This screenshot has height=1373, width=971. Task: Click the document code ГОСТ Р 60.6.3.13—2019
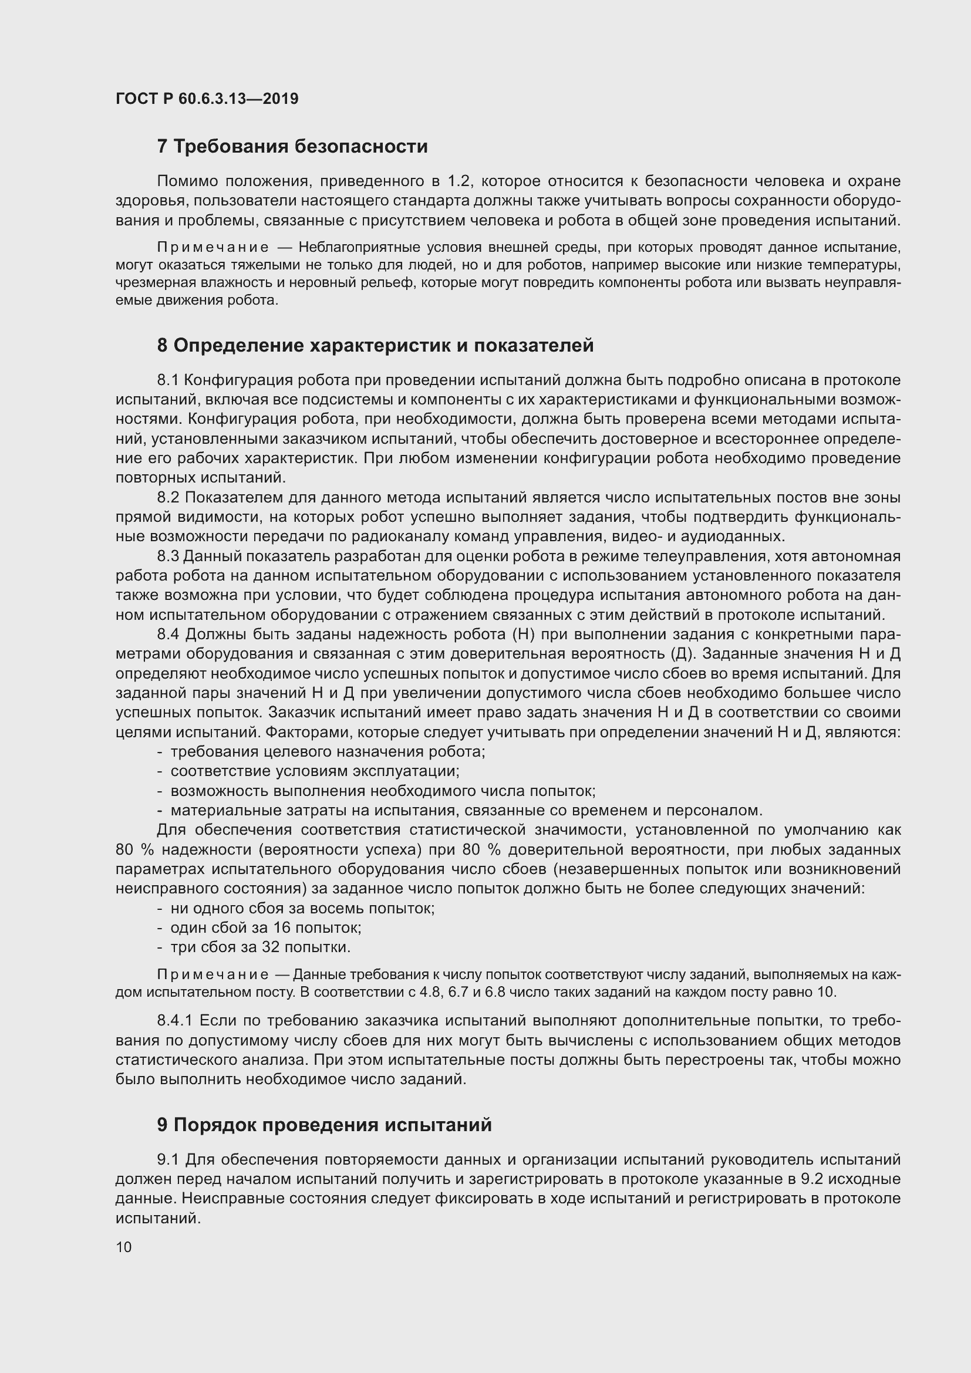pyautogui.click(x=207, y=99)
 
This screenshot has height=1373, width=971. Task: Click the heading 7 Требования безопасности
pyautogui.click(x=292, y=147)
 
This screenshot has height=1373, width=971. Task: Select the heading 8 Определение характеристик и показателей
pyautogui.click(x=376, y=346)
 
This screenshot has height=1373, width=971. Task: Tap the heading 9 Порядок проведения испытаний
pyautogui.click(x=324, y=1125)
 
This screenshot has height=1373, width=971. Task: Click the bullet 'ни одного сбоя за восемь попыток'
pyautogui.click(x=302, y=908)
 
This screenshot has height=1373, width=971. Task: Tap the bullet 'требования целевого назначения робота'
pyautogui.click(x=328, y=752)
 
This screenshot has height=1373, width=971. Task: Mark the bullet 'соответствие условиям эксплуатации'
pyautogui.click(x=315, y=771)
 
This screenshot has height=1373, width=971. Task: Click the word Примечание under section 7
pyautogui.click(x=213, y=248)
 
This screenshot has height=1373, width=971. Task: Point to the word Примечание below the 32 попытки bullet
pyautogui.click(x=213, y=976)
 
